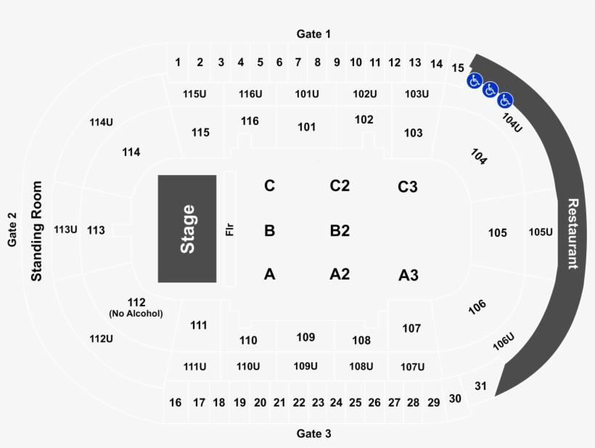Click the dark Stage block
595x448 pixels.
click(x=187, y=229)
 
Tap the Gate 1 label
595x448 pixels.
click(x=313, y=34)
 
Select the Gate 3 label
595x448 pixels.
click(x=313, y=433)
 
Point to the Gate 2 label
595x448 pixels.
click(x=12, y=229)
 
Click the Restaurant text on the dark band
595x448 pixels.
click(x=573, y=234)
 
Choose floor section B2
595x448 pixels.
click(x=340, y=230)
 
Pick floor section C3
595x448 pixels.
click(x=408, y=187)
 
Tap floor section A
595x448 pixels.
click(x=269, y=274)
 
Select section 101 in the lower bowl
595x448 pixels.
click(x=307, y=127)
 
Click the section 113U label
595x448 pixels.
click(x=65, y=229)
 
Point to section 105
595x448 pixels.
click(x=498, y=233)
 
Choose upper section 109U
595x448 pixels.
click(x=305, y=366)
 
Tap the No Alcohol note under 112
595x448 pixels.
click(x=136, y=314)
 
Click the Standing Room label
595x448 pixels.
click(x=36, y=231)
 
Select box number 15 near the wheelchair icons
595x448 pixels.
click(x=458, y=68)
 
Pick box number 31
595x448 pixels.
click(x=480, y=386)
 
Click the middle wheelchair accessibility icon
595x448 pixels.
click(x=490, y=90)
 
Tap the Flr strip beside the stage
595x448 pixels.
click(x=230, y=229)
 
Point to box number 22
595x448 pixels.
click(x=299, y=402)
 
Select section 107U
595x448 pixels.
click(x=412, y=367)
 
